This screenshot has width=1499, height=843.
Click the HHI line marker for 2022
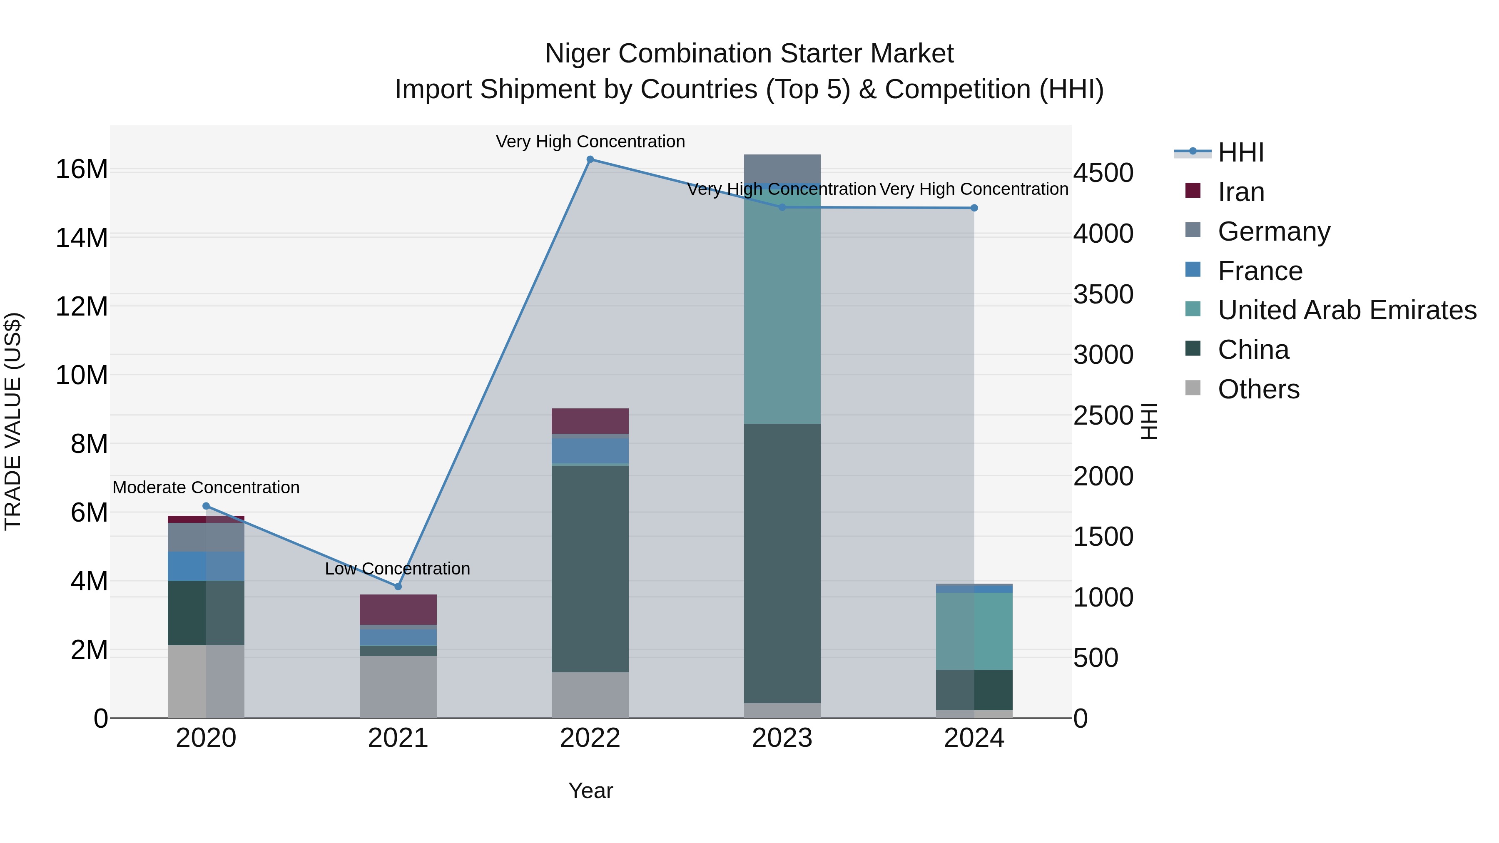click(590, 159)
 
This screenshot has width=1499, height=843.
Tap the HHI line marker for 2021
click(398, 587)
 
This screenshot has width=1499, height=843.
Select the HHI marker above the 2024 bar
click(974, 208)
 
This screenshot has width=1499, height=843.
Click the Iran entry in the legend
click(1241, 192)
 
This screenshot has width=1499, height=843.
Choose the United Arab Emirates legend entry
click(1347, 310)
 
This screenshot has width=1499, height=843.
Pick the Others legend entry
click(1258, 389)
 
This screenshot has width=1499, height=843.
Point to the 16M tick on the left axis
click(82, 169)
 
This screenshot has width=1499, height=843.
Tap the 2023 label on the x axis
click(782, 738)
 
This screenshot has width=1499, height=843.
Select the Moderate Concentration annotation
click(206, 487)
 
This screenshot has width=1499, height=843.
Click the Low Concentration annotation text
click(398, 568)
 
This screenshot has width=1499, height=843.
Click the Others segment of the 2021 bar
click(398, 686)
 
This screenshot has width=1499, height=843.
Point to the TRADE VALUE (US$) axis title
click(13, 421)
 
